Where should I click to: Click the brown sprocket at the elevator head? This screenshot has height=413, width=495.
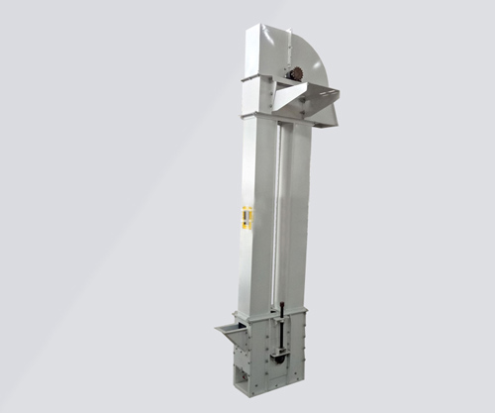coord(295,73)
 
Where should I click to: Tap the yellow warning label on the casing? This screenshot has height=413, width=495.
coord(247,217)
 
